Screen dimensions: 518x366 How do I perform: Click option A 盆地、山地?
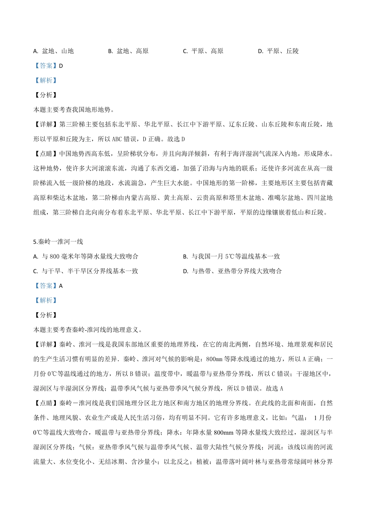54,51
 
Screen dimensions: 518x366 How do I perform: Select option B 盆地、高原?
128,51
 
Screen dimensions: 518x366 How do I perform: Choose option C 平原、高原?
203,51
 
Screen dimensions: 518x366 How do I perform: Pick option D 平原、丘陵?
278,51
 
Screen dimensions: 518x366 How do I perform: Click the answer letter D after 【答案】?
61,66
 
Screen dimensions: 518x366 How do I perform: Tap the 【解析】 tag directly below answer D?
46,81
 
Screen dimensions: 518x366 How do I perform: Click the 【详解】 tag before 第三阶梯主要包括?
46,124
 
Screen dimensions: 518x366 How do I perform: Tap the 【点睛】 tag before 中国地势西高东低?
46,154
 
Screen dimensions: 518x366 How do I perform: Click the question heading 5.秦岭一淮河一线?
58,242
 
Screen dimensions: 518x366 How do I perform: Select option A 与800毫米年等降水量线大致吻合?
86,257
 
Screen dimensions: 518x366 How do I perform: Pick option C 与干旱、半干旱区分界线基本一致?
86,271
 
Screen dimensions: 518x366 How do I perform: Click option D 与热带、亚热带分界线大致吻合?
232,271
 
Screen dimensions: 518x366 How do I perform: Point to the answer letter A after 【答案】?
61,286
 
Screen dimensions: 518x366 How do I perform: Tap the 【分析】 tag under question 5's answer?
46,315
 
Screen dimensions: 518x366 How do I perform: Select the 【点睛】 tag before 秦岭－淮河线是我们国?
46,403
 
